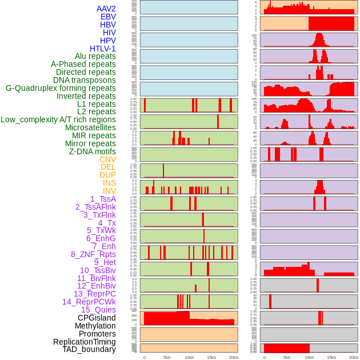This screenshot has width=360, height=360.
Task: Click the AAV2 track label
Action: [x=106, y=9]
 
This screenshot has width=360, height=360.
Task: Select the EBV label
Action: [x=108, y=17]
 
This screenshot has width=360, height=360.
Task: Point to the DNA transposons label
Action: [x=85, y=80]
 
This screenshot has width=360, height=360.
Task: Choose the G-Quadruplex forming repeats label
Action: [x=61, y=88]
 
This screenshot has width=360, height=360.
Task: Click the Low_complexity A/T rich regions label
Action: [x=58, y=119]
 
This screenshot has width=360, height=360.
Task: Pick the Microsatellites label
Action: [x=90, y=127]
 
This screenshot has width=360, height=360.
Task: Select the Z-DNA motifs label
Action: [x=92, y=151]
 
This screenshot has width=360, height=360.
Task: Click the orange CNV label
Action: [x=107, y=159]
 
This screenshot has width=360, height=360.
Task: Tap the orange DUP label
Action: [x=107, y=175]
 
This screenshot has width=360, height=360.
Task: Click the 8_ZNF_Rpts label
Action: [x=93, y=254]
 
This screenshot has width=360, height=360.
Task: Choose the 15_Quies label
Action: [x=98, y=310]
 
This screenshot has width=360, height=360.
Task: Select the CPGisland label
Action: [x=97, y=318]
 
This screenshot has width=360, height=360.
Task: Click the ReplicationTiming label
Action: [x=84, y=342]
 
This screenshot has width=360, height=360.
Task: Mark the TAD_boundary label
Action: [x=89, y=349]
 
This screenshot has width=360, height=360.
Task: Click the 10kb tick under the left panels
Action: [x=189, y=357]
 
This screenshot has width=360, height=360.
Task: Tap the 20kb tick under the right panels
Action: [x=354, y=357]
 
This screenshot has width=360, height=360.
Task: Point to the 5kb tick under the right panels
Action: [x=287, y=357]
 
